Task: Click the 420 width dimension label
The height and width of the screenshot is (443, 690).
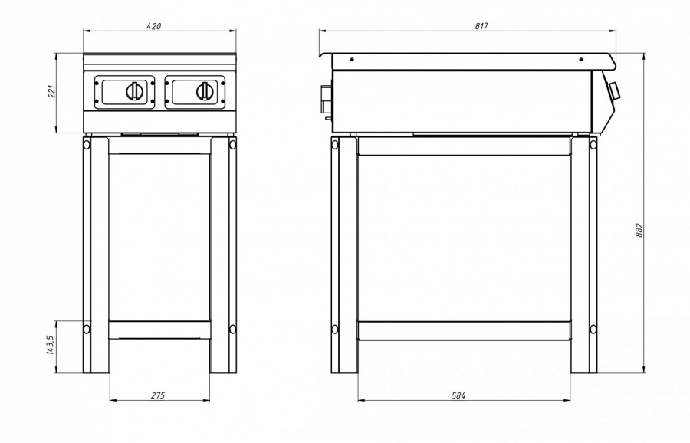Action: click(x=153, y=26)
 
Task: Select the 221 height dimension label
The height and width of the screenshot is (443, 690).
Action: click(x=52, y=91)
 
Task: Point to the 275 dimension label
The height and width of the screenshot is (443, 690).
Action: click(x=158, y=395)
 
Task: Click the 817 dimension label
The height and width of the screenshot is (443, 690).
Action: click(x=481, y=26)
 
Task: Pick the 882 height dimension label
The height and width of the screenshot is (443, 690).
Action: click(x=639, y=230)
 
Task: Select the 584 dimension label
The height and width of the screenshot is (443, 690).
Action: click(x=458, y=395)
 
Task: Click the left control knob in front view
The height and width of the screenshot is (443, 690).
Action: click(x=134, y=91)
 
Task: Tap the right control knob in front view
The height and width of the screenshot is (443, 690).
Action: click(x=205, y=91)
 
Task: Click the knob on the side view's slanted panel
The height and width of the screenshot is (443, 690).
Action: click(x=615, y=91)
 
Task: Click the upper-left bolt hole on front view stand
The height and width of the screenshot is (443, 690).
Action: click(x=87, y=144)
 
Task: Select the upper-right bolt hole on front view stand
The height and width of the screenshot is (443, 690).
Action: click(x=232, y=144)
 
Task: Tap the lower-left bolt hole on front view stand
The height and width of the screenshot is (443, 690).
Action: click(x=87, y=329)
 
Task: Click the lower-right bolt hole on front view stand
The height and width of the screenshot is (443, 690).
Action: click(x=232, y=329)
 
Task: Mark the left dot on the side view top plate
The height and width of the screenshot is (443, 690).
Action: click(x=352, y=59)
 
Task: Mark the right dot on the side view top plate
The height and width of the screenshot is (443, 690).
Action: click(x=581, y=59)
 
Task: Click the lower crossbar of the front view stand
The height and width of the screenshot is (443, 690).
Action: click(x=159, y=330)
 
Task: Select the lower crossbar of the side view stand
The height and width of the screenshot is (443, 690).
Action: click(x=464, y=330)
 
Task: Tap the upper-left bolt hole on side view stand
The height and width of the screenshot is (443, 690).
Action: click(x=335, y=144)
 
